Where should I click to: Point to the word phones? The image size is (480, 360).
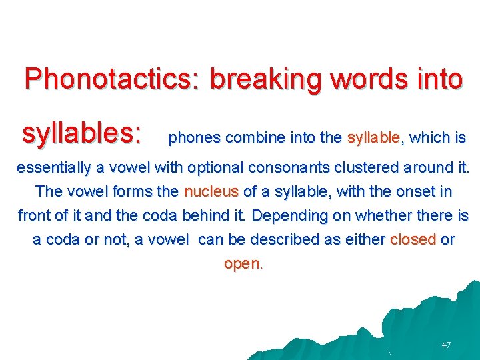click(x=195, y=139)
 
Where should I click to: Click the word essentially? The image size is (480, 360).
click(x=57, y=167)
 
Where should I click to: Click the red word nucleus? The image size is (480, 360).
click(x=211, y=191)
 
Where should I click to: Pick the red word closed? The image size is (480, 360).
click(x=413, y=239)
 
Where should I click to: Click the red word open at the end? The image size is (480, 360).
click(x=242, y=263)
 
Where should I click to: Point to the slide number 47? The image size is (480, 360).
click(x=446, y=345)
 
